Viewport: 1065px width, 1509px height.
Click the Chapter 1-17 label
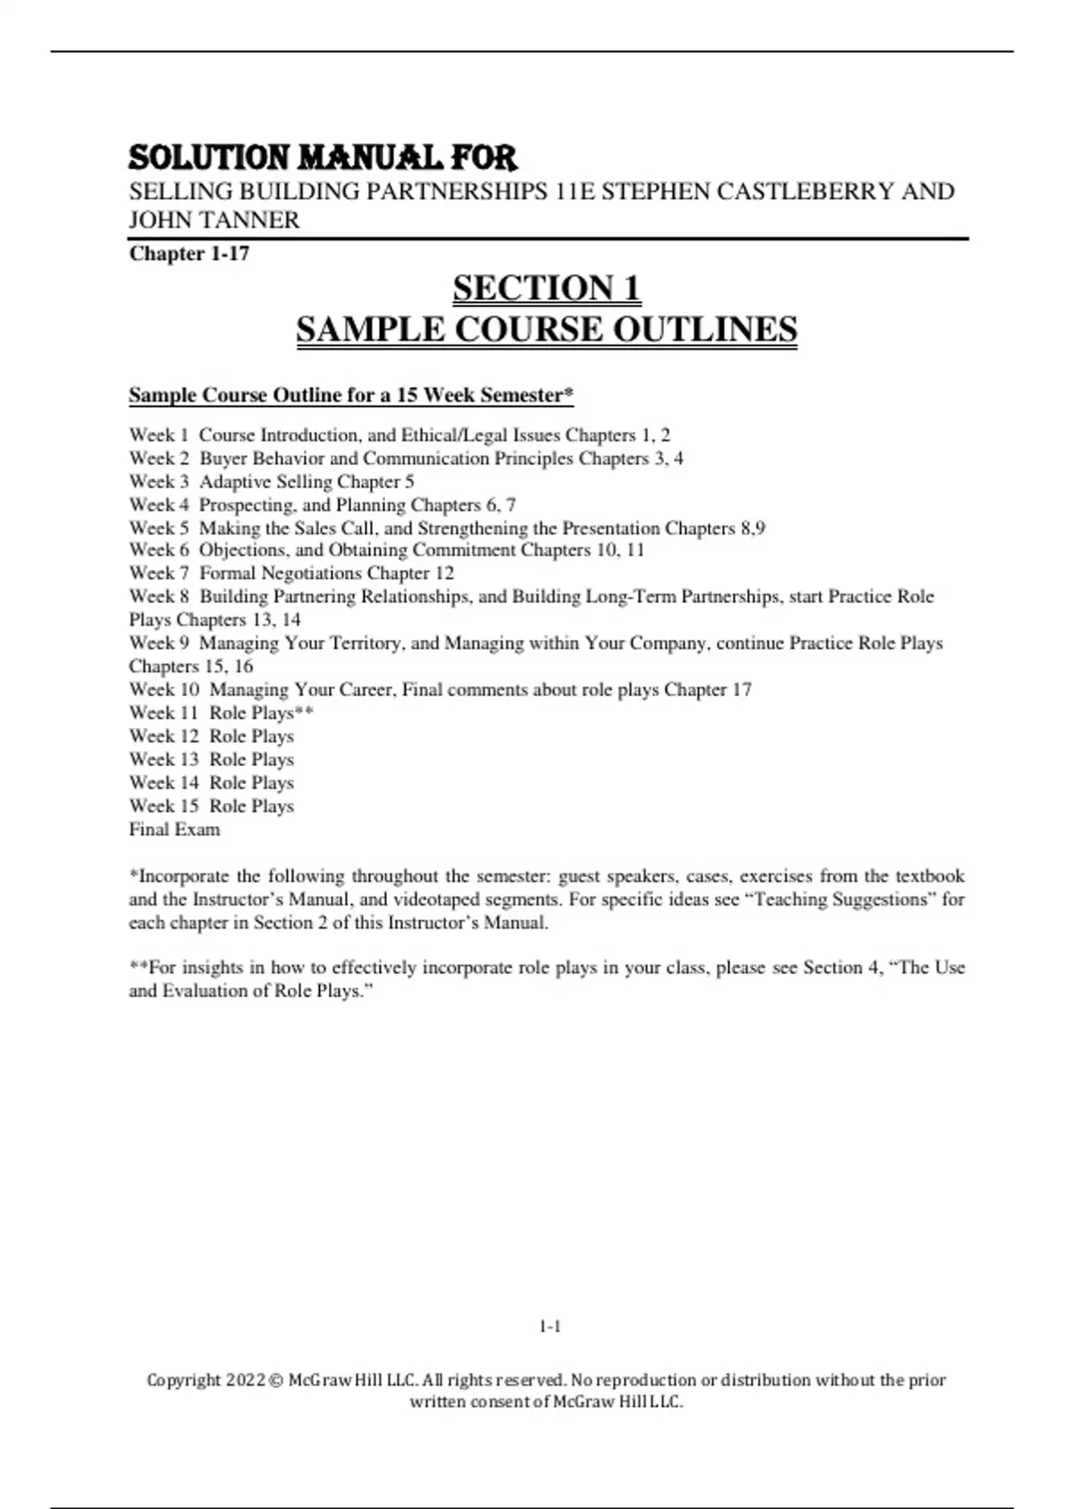click(x=189, y=254)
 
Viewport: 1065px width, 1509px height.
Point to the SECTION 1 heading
click(x=547, y=288)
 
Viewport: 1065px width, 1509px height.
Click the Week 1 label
click(x=159, y=435)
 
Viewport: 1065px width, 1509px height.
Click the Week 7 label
click(x=159, y=573)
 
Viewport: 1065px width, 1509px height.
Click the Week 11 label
click(x=163, y=713)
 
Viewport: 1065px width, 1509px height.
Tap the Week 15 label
click(x=163, y=806)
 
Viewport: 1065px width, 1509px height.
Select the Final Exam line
click(x=174, y=829)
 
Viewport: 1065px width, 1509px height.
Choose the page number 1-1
click(x=549, y=1327)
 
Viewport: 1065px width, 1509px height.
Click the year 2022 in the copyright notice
click(x=245, y=1380)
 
